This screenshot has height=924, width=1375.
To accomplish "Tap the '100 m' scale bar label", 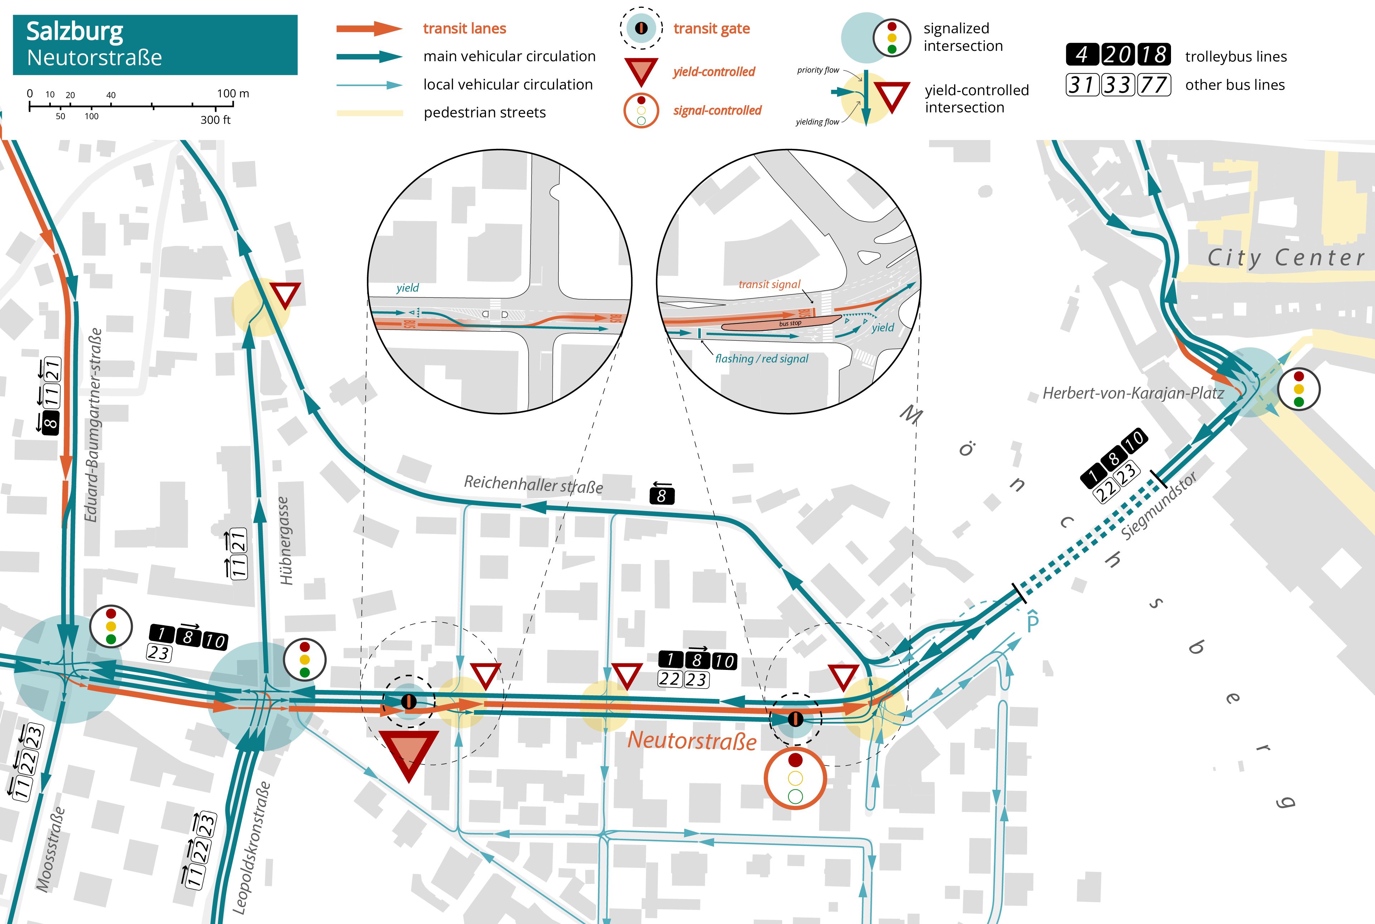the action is [233, 94].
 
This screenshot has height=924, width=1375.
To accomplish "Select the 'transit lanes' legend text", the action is [465, 28].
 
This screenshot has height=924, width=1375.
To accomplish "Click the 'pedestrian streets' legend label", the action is [485, 113].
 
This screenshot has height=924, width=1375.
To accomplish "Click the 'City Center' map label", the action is [1286, 258].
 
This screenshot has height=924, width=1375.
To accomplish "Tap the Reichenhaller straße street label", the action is [533, 485].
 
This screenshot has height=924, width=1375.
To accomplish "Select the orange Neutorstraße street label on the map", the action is [691, 740].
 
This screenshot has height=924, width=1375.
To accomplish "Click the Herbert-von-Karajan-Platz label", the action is [1133, 393].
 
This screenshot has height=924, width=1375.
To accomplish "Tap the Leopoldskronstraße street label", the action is [251, 847].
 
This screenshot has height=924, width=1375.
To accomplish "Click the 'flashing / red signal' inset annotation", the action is [762, 358].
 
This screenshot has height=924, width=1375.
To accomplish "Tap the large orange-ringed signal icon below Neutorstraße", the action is [795, 778].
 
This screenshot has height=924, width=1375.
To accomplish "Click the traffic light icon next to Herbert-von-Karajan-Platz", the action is [1298, 389].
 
